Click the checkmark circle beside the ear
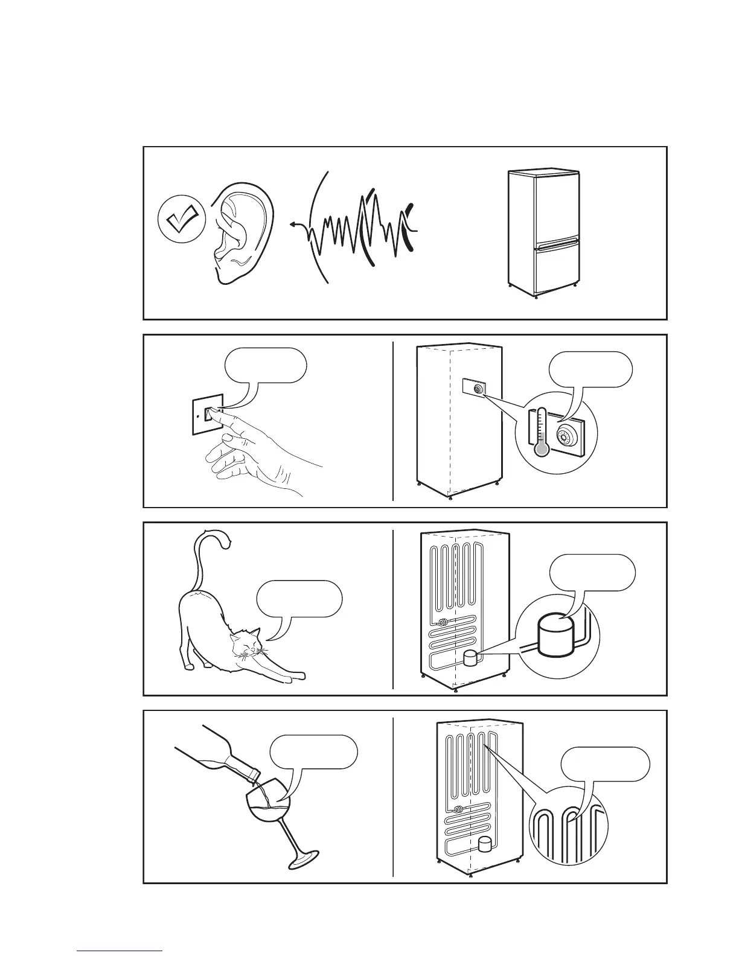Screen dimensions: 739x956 [182, 220]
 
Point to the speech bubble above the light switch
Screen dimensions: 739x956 [265, 365]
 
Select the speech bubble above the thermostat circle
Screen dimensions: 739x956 [591, 369]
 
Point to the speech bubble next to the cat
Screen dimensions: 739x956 [299, 598]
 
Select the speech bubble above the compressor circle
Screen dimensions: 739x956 [592, 572]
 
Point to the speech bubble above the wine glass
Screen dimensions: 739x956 [313, 751]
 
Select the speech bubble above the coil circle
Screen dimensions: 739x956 [606, 764]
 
